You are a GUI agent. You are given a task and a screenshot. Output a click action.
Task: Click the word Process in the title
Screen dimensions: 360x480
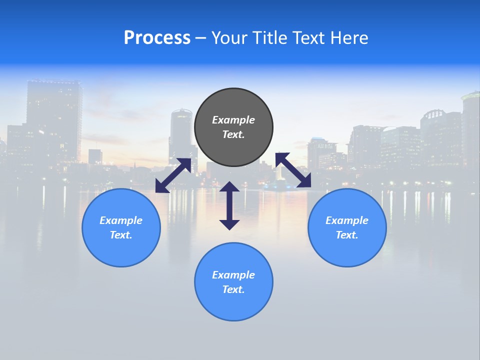click(157, 38)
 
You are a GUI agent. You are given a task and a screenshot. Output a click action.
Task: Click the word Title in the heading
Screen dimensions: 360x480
click(270, 38)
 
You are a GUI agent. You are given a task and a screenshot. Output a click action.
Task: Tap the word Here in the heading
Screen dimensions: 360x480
click(349, 38)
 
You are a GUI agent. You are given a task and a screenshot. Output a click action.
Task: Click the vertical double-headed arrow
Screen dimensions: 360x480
click(229, 206)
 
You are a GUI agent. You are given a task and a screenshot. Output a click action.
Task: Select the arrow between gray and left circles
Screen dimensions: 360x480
click(173, 175)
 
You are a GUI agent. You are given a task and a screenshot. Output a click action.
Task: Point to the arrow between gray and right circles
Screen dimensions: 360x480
click(293, 170)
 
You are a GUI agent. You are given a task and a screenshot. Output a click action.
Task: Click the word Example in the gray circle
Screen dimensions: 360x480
click(233, 120)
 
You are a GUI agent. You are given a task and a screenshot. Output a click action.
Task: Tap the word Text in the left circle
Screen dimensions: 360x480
click(120, 235)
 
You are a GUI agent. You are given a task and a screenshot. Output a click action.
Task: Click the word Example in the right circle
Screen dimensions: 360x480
click(347, 220)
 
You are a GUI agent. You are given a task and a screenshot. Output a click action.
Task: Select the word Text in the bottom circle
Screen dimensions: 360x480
click(233, 289)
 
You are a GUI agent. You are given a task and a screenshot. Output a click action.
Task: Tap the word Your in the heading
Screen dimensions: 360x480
click(229, 38)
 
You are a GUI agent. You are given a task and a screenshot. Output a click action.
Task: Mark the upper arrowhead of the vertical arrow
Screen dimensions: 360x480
click(229, 187)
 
